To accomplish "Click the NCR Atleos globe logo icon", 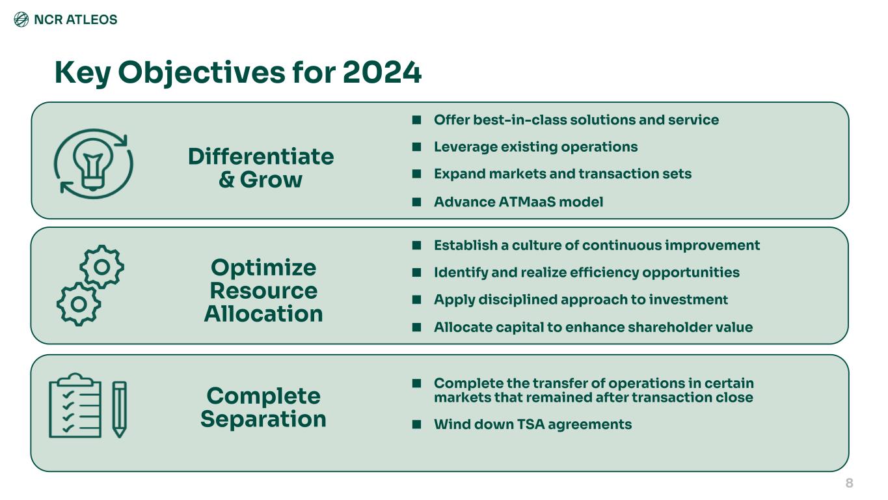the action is [x=21, y=19].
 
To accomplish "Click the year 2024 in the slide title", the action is [x=382, y=72].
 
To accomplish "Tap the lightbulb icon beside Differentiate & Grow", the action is [x=93, y=164].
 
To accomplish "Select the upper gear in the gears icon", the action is [x=102, y=267].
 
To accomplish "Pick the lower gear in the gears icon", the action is [x=79, y=305].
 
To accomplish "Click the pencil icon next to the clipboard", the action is [x=119, y=410].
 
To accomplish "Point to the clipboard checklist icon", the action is [x=75, y=405].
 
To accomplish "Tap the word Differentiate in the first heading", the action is [x=261, y=156].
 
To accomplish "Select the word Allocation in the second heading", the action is [x=263, y=314].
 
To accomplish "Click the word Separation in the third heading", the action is [x=263, y=419].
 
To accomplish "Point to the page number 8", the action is [x=849, y=483].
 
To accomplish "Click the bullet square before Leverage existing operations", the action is [x=416, y=147].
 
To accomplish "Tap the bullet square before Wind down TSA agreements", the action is [x=416, y=424].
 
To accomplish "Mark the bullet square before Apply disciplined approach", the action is [x=416, y=299].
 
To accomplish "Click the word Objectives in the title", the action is [x=202, y=74].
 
